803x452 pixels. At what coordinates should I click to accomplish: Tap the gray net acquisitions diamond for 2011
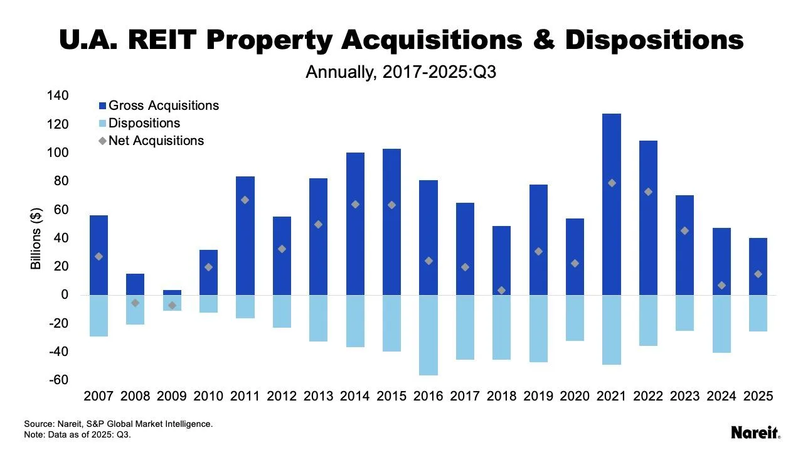[245, 200]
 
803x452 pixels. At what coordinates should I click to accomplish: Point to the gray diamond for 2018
[501, 290]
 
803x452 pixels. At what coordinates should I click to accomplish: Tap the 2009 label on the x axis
[172, 397]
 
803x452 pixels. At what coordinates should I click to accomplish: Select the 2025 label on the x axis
[758, 397]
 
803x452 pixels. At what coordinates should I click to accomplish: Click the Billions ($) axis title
[36, 239]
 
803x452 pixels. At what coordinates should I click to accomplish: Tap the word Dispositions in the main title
[654, 40]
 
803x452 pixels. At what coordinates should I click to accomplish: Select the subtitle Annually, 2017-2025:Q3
[401, 72]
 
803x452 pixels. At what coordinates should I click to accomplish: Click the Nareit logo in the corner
[755, 433]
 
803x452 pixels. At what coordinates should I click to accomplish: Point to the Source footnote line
[118, 424]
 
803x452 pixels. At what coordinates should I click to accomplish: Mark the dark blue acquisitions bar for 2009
[172, 293]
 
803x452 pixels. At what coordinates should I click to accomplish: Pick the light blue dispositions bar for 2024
[721, 323]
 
